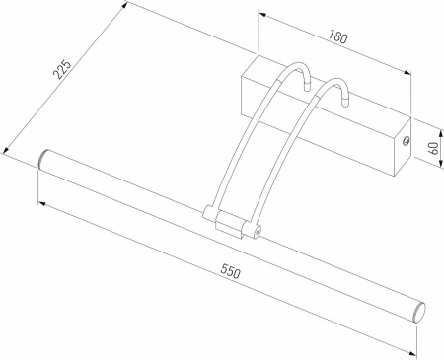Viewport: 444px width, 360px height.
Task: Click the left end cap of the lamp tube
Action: coord(44,158)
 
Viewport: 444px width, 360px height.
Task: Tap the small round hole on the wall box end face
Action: coord(405,140)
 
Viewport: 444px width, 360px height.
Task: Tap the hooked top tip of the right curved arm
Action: coord(347,100)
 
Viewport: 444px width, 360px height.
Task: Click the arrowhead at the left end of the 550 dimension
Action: coord(41,201)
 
